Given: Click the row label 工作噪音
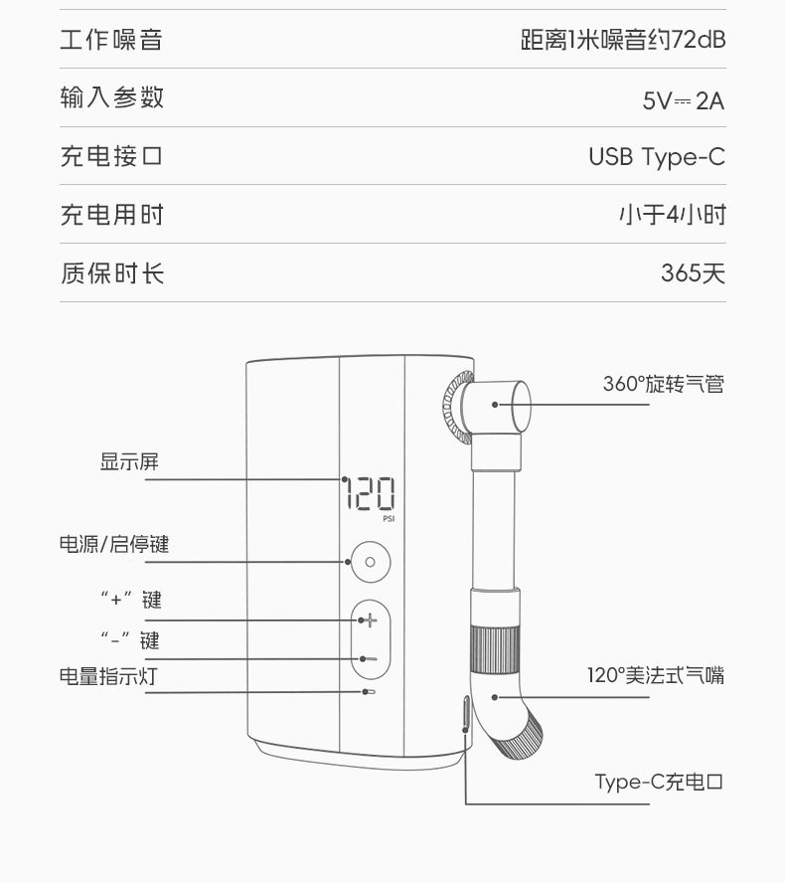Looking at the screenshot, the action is coord(110,41).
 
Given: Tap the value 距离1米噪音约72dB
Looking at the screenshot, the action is coord(623,41).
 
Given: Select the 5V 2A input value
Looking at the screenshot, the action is coord(684,99).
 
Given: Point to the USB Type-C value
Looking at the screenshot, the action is coord(656,157).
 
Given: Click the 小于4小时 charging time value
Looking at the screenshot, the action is coord(672,215).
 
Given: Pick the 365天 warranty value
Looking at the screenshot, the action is coord(693,273).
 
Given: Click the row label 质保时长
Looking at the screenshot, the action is coord(111,273).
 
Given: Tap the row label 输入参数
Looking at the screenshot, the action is coord(111,98).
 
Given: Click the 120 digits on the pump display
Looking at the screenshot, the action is coord(369,493).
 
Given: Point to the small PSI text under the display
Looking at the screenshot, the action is coord(389,518).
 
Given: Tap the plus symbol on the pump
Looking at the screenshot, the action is coord(370,620).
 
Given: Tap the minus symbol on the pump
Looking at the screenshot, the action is coord(370,658).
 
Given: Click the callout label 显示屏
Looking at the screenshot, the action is coord(129,461).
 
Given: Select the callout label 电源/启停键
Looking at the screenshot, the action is coord(113,545).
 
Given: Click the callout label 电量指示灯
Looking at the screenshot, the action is coord(107,677).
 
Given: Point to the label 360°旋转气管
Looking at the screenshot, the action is coord(663,384).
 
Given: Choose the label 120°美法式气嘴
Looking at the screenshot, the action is coord(654,676).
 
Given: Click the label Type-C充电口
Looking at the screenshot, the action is coord(659,782).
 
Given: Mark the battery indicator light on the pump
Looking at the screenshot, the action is coord(369,691).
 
